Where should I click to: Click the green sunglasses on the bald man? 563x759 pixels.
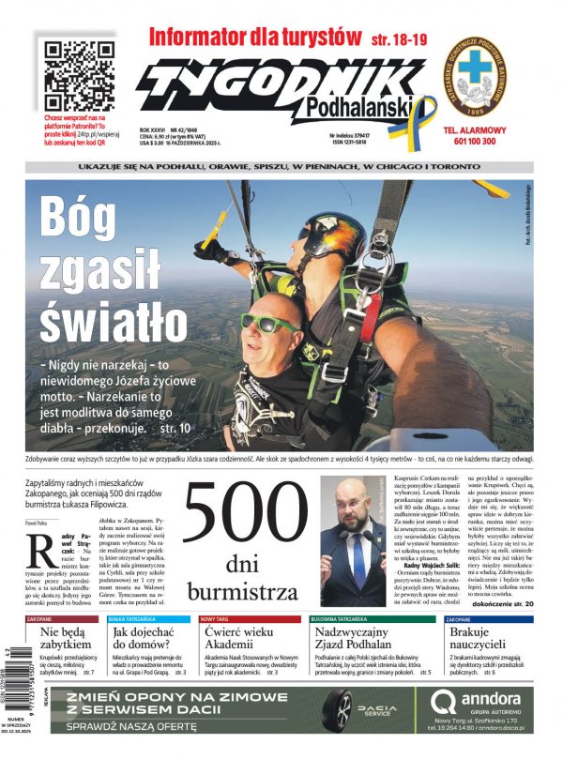point(266,323)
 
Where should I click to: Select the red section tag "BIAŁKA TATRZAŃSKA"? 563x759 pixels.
point(131,620)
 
